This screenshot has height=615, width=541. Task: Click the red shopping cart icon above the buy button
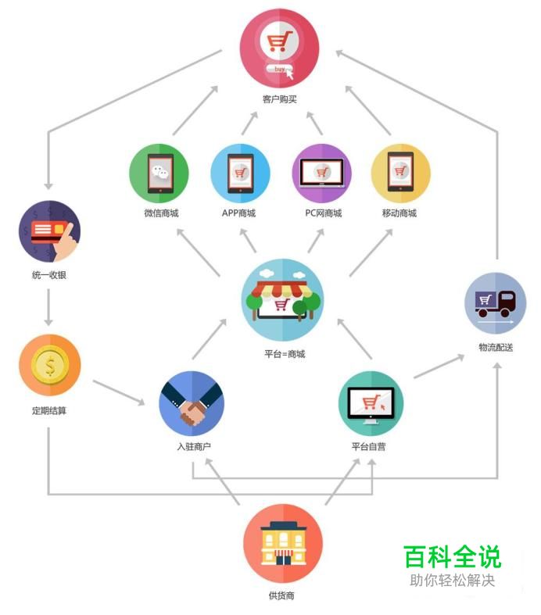[x=279, y=41]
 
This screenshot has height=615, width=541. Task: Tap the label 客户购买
[x=279, y=98]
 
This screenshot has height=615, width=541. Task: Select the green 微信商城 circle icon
[x=159, y=173]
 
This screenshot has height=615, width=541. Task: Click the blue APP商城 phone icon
[x=241, y=173]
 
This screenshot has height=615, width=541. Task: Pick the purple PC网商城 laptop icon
[x=321, y=173]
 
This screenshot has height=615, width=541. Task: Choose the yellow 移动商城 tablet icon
[x=400, y=172]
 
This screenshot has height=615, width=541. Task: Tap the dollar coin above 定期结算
[x=50, y=365]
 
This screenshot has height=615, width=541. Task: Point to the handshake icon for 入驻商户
[x=192, y=403]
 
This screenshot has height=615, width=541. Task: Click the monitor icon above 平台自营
[x=371, y=405]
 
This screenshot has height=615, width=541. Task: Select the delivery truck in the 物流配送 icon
[x=495, y=303]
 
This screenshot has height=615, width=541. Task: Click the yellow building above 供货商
[x=283, y=544]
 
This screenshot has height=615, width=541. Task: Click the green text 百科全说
[x=453, y=556]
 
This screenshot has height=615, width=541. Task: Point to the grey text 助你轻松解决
[x=453, y=580]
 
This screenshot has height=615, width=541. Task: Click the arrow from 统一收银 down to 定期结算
[x=48, y=307]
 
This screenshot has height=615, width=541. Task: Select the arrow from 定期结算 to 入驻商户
[x=119, y=392]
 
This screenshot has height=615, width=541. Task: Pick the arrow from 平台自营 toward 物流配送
[x=439, y=366]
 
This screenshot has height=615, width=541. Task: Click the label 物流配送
[x=496, y=347]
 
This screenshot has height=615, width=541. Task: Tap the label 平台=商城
[x=285, y=354]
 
